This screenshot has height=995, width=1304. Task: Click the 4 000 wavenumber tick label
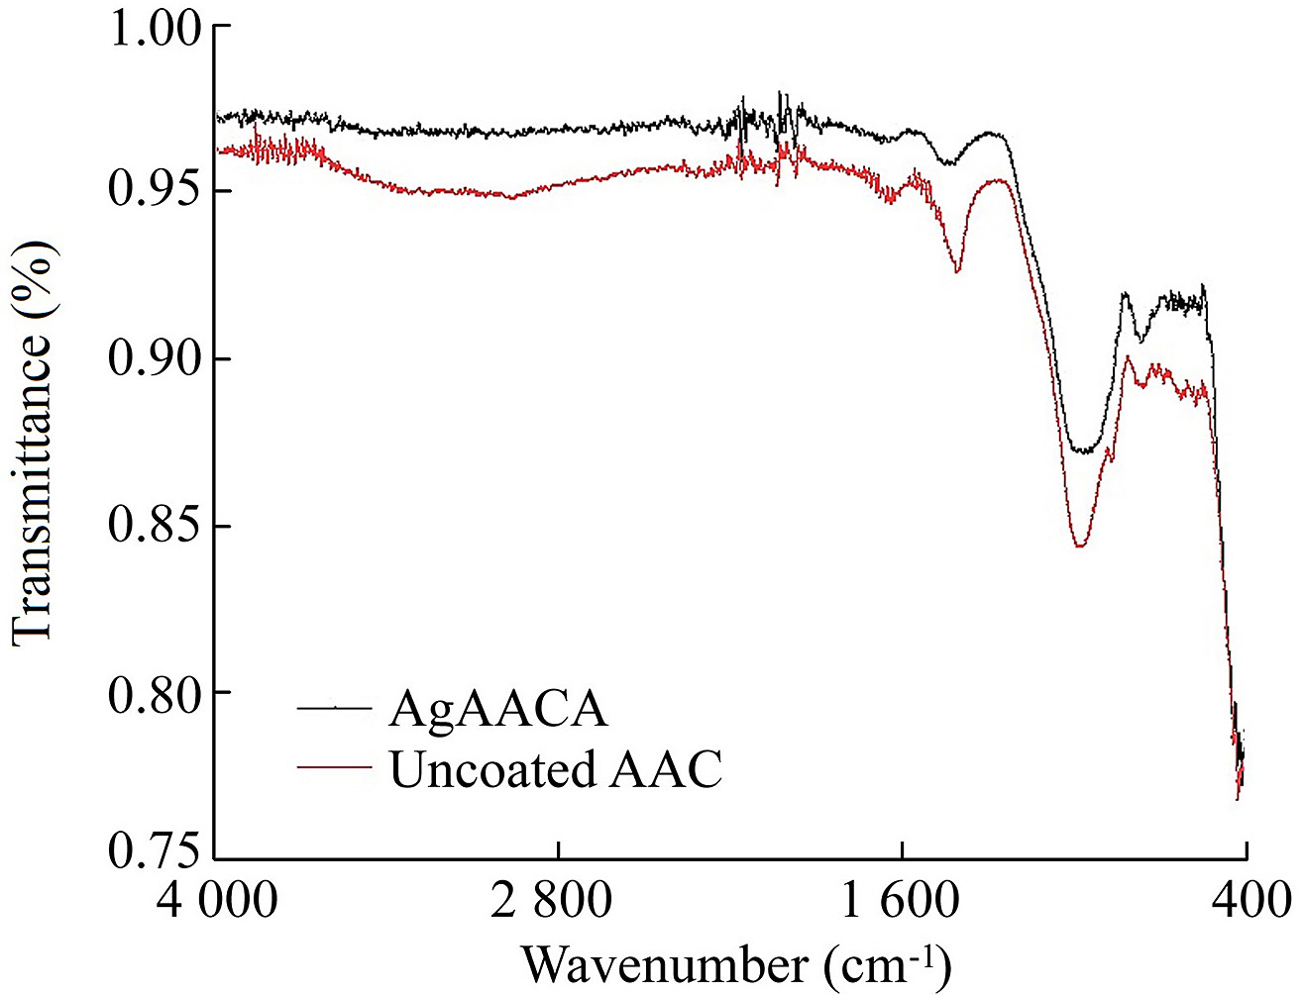(x=216, y=899)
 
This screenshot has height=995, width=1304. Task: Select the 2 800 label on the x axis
(x=551, y=899)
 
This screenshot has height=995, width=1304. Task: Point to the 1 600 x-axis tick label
(x=900, y=899)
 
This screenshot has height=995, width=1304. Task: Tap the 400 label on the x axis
(x=1250, y=899)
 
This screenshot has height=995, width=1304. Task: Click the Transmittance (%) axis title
(x=35, y=442)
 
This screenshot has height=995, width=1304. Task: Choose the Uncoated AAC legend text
(x=556, y=768)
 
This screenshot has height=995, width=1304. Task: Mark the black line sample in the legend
(x=335, y=708)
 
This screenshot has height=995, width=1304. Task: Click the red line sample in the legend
(x=335, y=766)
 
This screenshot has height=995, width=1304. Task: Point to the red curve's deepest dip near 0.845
(x=1080, y=546)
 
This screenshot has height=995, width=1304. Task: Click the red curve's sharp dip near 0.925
(x=957, y=270)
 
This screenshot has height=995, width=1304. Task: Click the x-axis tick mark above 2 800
(x=559, y=850)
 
